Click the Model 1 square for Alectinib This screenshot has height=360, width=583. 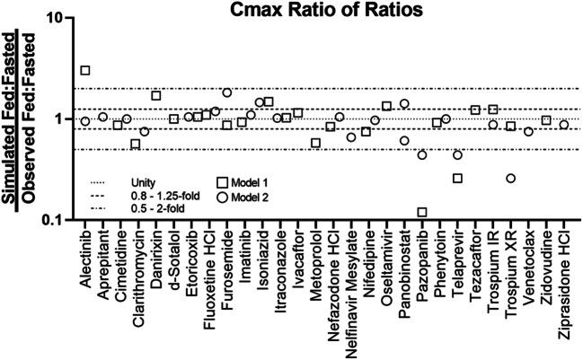point(85,70)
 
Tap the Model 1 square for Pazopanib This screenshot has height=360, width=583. point(422,212)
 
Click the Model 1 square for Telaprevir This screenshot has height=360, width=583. point(457,179)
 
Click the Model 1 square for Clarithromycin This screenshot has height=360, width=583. point(136,144)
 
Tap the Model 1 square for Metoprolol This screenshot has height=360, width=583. point(315,143)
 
